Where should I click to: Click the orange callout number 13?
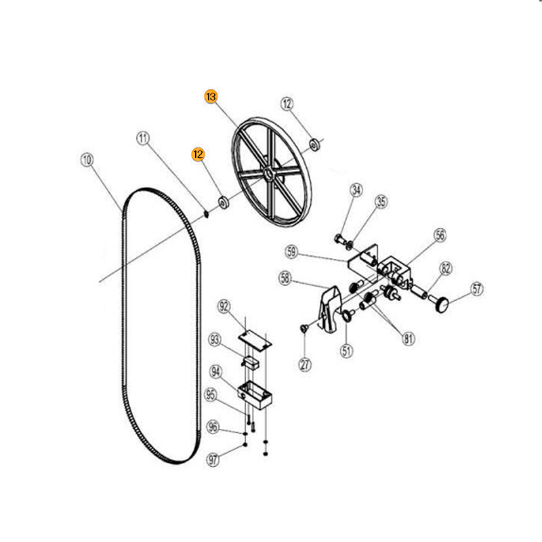pos(211,96)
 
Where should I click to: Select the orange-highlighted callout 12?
pos(198,154)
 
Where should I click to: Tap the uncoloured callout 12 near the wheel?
pos(287,104)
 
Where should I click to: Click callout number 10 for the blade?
pos(87,160)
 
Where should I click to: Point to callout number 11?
pos(143,138)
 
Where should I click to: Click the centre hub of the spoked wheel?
pos(268,173)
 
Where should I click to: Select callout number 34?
pos(356,190)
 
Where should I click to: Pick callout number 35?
pos(381,201)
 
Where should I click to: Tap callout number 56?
pos(440,235)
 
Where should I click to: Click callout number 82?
pos(446,268)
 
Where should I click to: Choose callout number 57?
pos(477,289)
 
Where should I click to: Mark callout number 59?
pos(291,252)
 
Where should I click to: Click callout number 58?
pos(285,278)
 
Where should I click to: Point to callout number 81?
pos(409,338)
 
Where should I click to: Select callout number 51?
pos(346,351)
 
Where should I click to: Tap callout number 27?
pos(305,364)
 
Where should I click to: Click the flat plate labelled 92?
pos(255,340)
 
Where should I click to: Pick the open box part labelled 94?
pos(255,395)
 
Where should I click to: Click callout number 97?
pos(213,460)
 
